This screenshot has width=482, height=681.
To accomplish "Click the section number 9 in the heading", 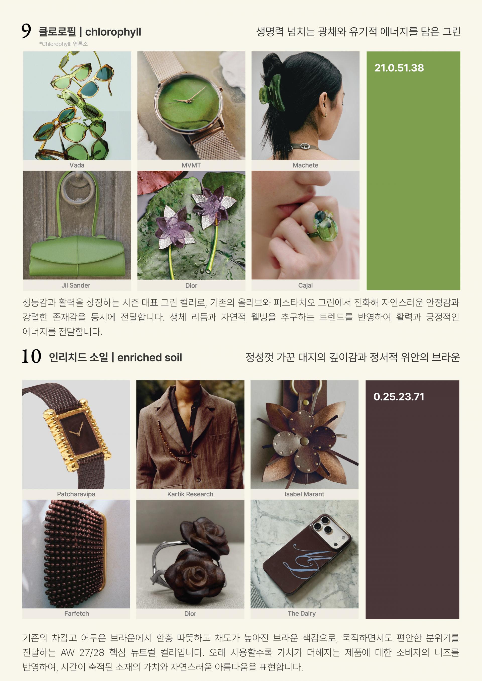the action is point(26,31).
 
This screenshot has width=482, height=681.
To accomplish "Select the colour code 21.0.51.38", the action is point(399,68).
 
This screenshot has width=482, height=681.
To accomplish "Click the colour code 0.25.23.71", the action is point(399,397).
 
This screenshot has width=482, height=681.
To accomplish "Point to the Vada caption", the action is point(77,165).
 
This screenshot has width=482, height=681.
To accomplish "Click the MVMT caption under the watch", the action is point(191,165).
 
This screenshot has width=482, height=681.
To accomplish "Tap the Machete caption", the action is point(306,165).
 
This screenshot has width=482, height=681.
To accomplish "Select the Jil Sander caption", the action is point(76,285).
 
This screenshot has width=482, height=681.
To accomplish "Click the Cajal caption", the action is point(306,285).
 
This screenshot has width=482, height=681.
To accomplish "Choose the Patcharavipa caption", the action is point(76,494).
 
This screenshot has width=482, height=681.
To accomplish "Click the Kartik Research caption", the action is point(190,494).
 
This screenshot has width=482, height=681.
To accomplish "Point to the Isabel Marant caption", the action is point(304,494).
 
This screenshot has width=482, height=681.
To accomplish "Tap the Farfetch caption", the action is point(77,613).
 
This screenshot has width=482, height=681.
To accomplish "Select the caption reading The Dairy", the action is point(302,613).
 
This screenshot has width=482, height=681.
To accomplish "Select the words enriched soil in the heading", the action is point(150,357).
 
